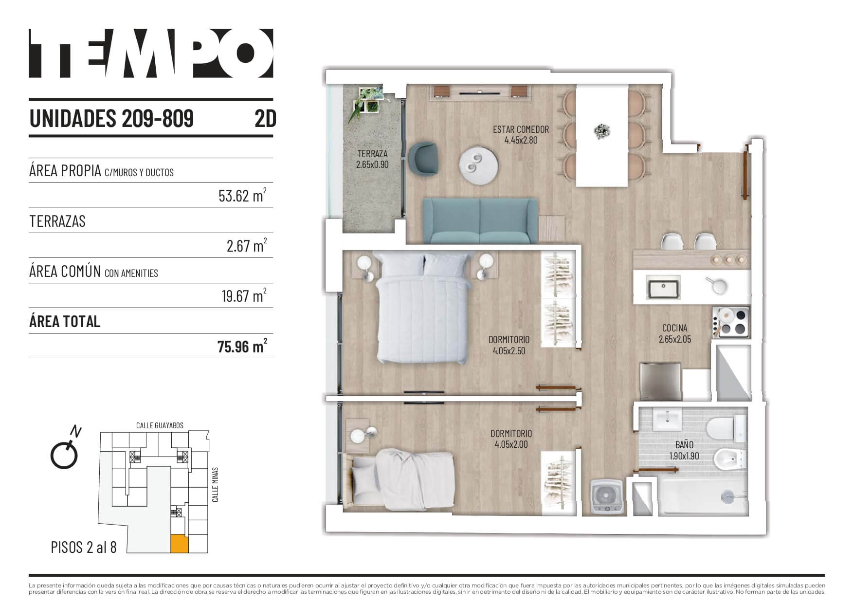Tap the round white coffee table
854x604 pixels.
click(x=478, y=165)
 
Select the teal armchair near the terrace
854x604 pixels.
click(x=423, y=157)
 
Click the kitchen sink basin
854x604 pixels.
click(x=663, y=287)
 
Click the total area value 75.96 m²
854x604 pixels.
click(x=242, y=346)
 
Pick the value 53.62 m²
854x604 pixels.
click(x=242, y=195)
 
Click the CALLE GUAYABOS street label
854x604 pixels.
click(x=160, y=425)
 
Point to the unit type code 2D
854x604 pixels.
click(x=265, y=118)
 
